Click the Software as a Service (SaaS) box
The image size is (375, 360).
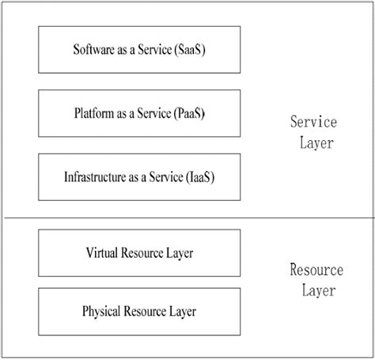138,48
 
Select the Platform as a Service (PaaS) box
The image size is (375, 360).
138,112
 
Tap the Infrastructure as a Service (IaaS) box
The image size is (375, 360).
138,175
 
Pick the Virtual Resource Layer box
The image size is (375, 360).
138,253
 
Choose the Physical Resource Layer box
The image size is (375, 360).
138,310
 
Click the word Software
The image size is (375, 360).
93,49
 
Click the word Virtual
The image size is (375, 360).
101,253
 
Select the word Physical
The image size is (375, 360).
100,310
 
